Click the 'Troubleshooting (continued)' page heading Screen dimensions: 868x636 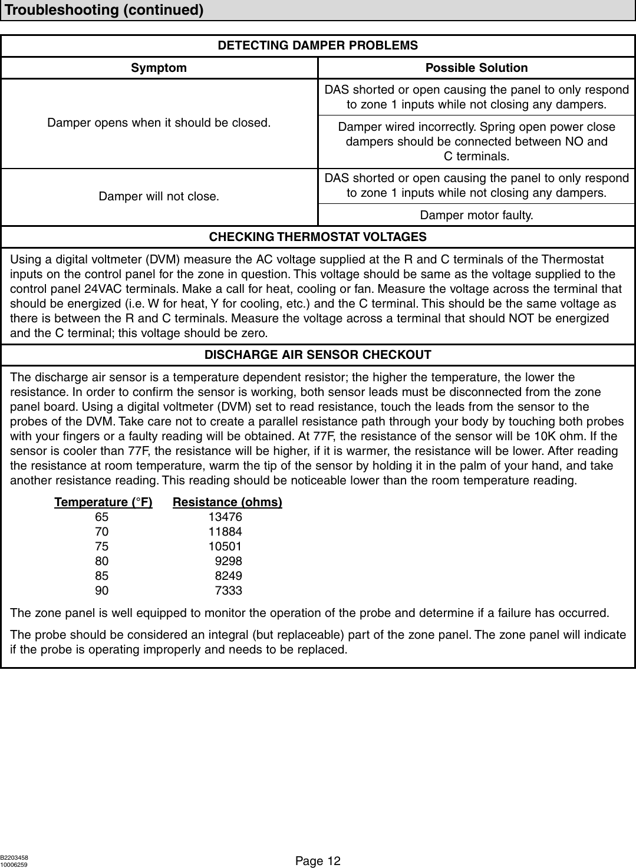pos(105,11)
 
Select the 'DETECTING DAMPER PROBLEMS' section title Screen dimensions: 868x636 pos(318,46)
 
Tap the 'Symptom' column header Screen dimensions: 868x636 pos(159,68)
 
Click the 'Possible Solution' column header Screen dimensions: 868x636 pos(476,68)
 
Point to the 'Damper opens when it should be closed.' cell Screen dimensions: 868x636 pos(159,124)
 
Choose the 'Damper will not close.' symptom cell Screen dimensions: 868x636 pos(159,196)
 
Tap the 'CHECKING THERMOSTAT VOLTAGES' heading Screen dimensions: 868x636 pos(318,237)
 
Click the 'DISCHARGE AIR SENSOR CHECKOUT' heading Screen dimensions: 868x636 pos(318,355)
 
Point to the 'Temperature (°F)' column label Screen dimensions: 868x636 pos(103,502)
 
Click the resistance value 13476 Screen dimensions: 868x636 pos(225,517)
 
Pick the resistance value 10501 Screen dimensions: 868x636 pos(225,546)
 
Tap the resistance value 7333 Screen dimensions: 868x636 pos(229,590)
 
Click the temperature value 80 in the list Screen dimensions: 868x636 pos(101,561)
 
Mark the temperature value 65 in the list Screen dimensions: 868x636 pos(101,517)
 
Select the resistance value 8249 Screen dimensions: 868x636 pos(229,576)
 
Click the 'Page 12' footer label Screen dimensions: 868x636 pos(318,861)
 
